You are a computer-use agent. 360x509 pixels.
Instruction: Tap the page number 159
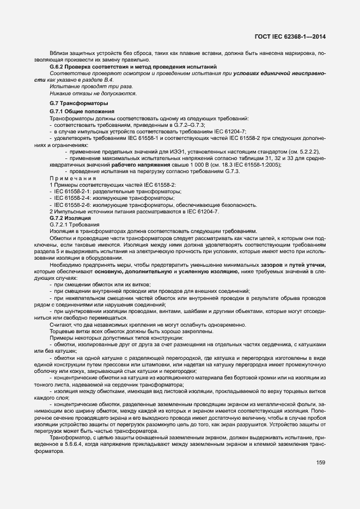tap(320, 463)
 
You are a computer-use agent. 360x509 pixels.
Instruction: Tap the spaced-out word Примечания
tap(73, 178)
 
